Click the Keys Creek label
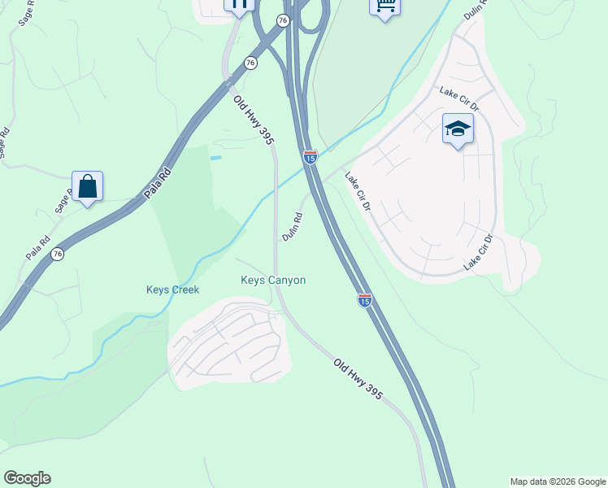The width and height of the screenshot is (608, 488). pyautogui.click(x=172, y=290)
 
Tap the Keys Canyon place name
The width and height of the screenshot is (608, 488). pyautogui.click(x=273, y=281)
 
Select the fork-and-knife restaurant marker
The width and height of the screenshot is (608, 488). pyautogui.click(x=239, y=5)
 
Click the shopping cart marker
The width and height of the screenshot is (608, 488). pyautogui.click(x=384, y=7)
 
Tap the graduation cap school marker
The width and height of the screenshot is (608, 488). pyautogui.click(x=458, y=129)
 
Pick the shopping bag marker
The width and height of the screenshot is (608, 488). pyautogui.click(x=87, y=187)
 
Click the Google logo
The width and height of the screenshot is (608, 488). pyautogui.click(x=27, y=478)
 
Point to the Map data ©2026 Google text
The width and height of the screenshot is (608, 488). pyautogui.click(x=558, y=481)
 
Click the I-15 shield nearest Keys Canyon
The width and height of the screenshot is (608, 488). pyautogui.click(x=365, y=300)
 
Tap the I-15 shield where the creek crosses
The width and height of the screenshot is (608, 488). pyautogui.click(x=310, y=156)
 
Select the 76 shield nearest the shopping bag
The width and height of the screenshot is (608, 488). pyautogui.click(x=57, y=254)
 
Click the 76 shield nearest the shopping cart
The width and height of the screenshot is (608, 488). pyautogui.click(x=282, y=20)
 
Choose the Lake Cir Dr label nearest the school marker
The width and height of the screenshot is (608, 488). pyautogui.click(x=460, y=100)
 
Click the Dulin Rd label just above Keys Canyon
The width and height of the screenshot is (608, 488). pyautogui.click(x=293, y=227)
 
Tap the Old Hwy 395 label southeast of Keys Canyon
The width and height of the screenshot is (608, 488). pyautogui.click(x=358, y=379)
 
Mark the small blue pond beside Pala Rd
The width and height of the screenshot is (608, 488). pyautogui.click(x=215, y=157)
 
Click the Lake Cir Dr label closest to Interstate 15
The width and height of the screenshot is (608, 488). pyautogui.click(x=357, y=192)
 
